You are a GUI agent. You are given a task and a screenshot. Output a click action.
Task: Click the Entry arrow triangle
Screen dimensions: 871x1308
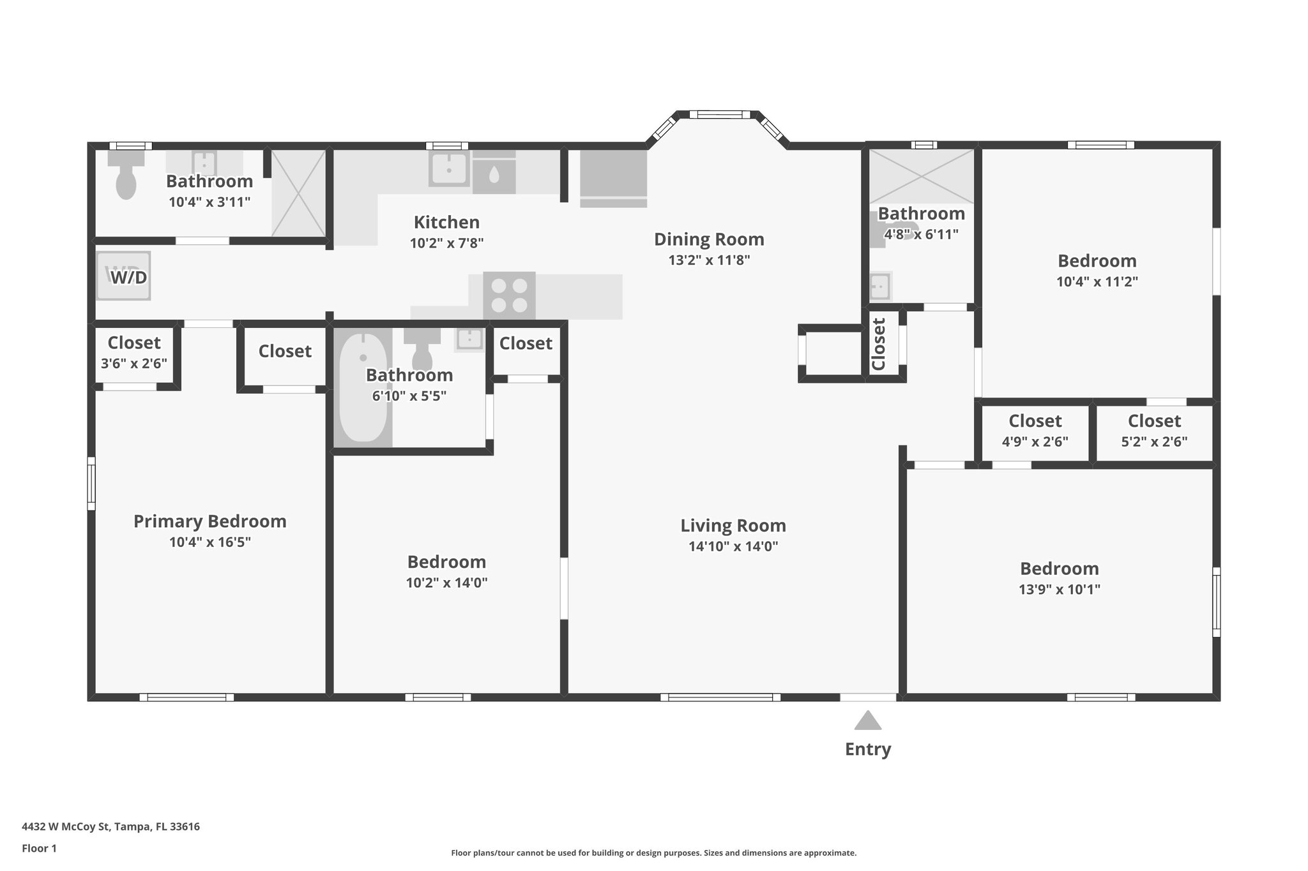tap(868, 721)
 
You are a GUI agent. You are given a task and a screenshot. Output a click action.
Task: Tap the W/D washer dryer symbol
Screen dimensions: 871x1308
tap(124, 276)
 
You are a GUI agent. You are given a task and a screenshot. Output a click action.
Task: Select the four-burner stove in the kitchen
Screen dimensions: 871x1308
tap(509, 295)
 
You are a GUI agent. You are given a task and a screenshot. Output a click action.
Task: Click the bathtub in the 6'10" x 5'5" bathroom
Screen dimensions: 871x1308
tap(362, 387)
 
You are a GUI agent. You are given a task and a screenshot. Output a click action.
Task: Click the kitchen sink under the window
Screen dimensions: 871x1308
tap(449, 168)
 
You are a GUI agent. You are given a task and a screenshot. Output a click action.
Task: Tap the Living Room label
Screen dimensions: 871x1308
tap(733, 526)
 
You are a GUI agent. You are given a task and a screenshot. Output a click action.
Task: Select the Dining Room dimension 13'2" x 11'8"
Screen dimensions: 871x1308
tap(709, 260)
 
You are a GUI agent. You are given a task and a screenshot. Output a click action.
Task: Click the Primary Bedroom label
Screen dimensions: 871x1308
tap(209, 521)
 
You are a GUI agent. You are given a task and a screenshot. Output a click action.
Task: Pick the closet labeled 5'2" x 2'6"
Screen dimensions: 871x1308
tap(1154, 431)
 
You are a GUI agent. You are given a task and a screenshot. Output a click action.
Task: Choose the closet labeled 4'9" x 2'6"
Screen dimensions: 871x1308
tap(1035, 431)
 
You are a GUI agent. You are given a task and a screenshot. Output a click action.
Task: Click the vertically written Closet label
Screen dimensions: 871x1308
tap(879, 344)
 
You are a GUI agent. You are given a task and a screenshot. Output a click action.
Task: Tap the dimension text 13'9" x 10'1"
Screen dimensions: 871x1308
tap(1059, 590)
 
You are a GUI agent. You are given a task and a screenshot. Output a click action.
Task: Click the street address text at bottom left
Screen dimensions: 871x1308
tap(110, 827)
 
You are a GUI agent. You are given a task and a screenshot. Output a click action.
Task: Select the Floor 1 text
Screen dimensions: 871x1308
tap(39, 849)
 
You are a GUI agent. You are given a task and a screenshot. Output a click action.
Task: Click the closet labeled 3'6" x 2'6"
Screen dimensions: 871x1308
tap(134, 353)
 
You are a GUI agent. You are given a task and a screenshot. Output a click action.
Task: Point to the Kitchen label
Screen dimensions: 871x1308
tap(446, 222)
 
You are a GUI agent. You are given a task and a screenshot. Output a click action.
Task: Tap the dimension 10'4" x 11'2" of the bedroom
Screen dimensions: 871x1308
tap(1097, 282)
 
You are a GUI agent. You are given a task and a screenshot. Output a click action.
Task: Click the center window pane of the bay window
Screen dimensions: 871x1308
tap(720, 115)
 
